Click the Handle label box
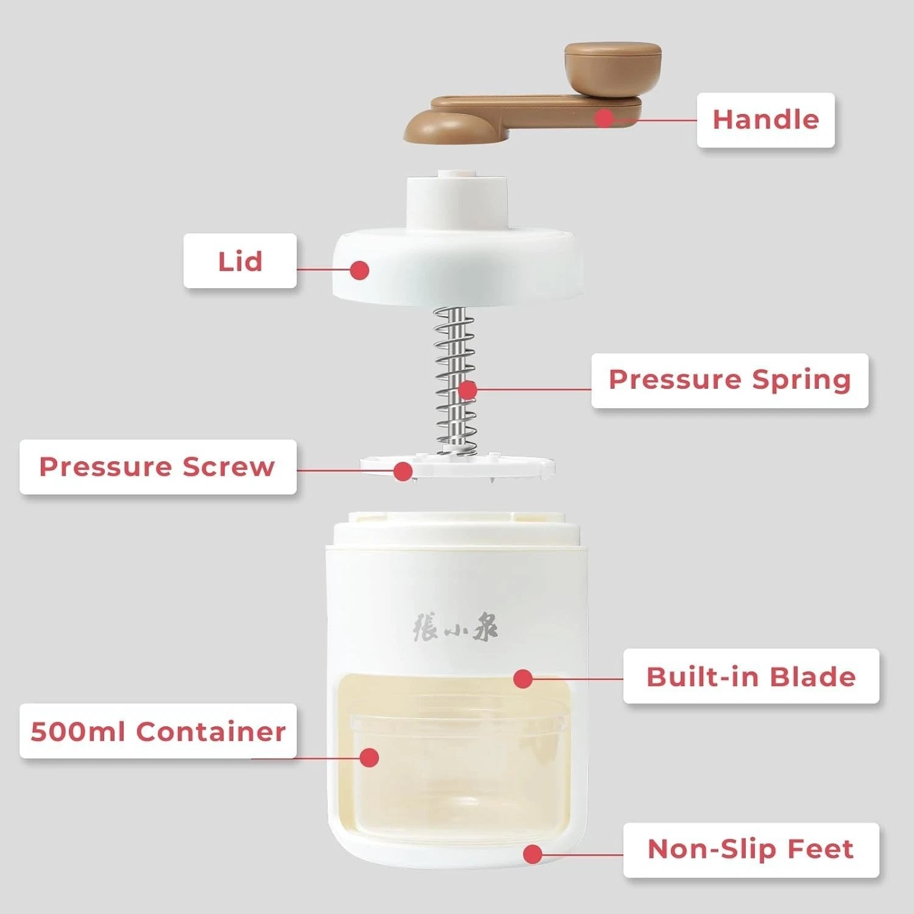(x=765, y=120)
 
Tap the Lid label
(x=240, y=261)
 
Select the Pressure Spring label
(x=729, y=380)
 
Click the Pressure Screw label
(x=158, y=467)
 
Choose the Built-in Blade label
(x=751, y=676)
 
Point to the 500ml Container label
(x=158, y=731)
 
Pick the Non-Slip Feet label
(x=751, y=849)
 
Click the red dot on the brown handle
(x=604, y=118)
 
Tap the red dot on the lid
(x=360, y=269)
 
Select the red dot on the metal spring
(x=467, y=389)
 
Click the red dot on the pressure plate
(x=403, y=470)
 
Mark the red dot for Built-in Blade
(x=523, y=678)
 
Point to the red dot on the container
(x=369, y=757)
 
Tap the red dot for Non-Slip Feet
(x=533, y=854)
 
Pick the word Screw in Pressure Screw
(x=228, y=467)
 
